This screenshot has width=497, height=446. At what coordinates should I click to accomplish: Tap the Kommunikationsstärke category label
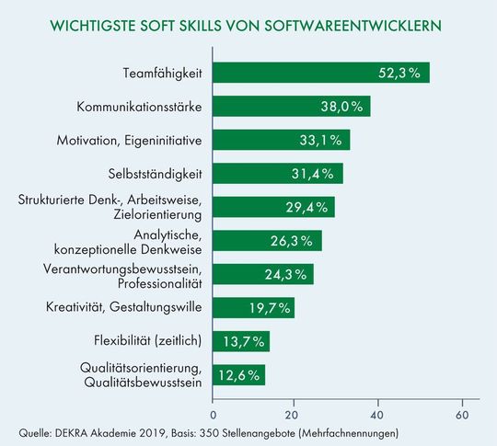(139, 107)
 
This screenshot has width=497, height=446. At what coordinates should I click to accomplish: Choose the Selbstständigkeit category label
(156, 174)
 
